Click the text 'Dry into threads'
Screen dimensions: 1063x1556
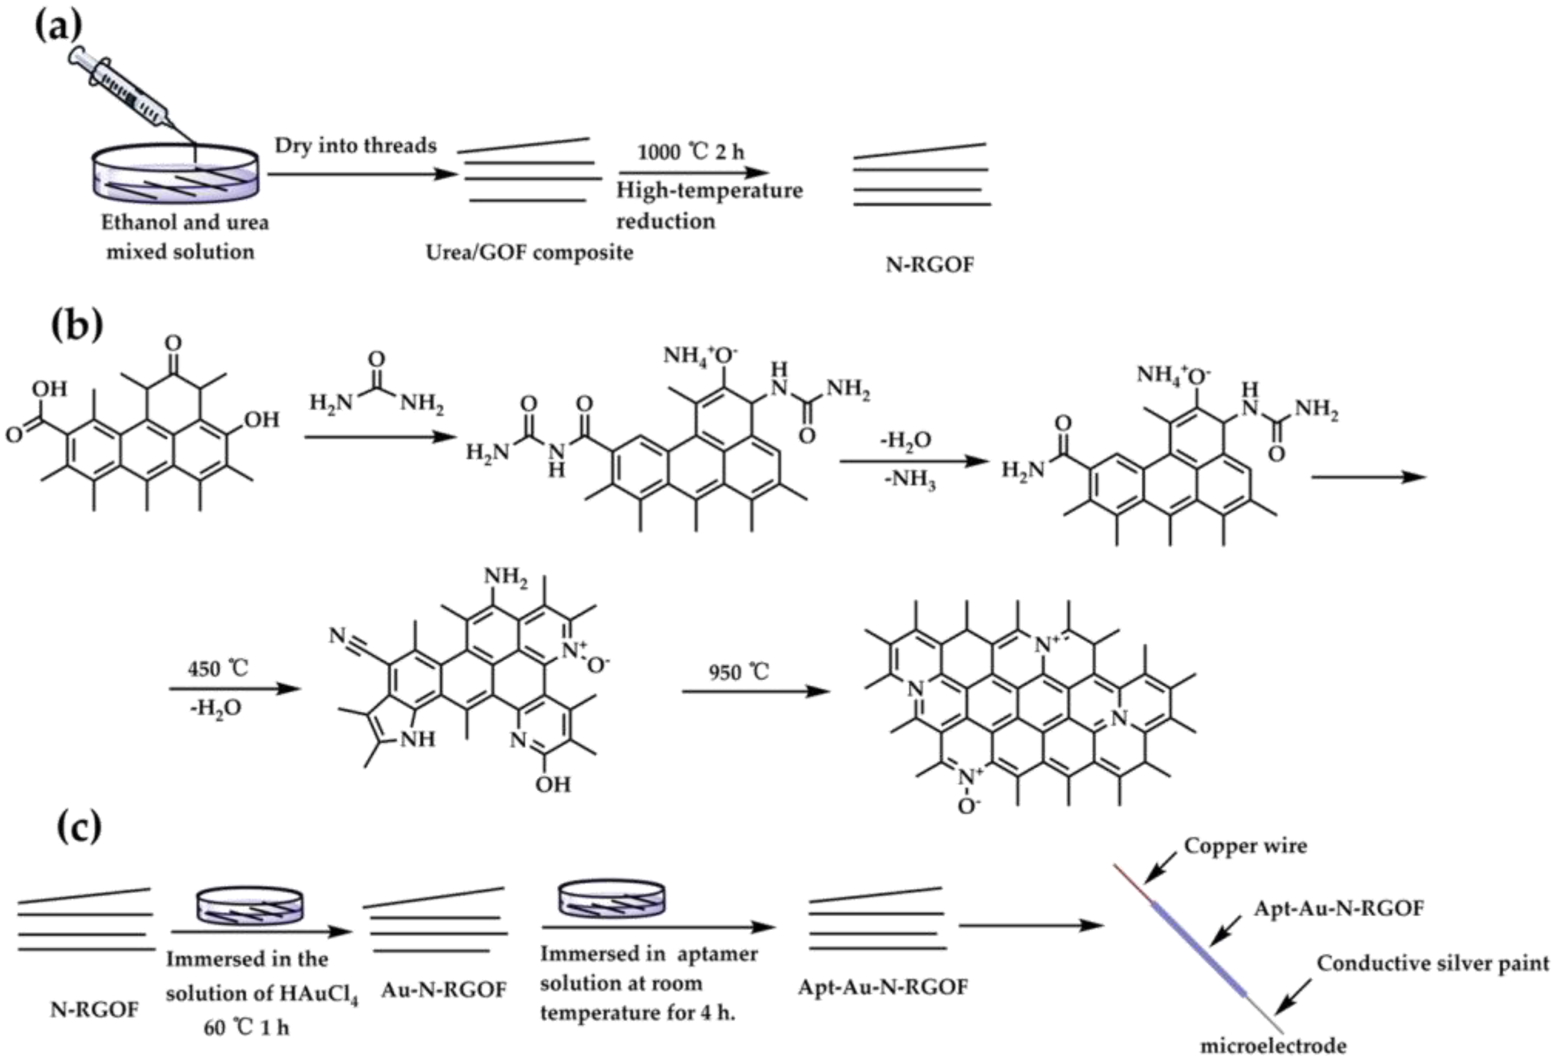coord(355,145)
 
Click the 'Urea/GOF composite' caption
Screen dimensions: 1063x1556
coord(529,253)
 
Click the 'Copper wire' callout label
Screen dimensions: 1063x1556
coord(1245,846)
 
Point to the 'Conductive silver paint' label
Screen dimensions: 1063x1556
coord(1433,963)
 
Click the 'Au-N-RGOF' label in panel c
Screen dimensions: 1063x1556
coord(443,990)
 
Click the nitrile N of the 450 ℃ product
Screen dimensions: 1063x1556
coord(338,635)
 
